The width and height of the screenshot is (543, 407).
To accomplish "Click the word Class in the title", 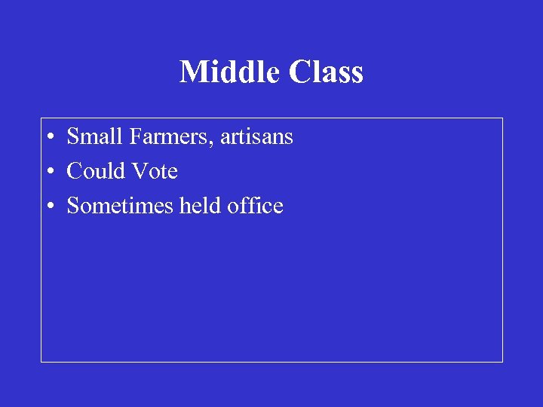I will (x=325, y=72).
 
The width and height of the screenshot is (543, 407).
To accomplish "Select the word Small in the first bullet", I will (x=96, y=136).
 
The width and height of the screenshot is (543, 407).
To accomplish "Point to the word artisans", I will (x=256, y=137).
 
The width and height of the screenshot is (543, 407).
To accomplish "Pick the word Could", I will (x=96, y=171).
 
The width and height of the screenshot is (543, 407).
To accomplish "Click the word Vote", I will (x=155, y=171).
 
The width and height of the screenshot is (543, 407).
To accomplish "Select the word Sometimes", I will (x=120, y=206).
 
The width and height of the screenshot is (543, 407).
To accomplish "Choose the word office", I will (x=256, y=206).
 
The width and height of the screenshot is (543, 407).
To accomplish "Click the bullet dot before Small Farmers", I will (x=48, y=138).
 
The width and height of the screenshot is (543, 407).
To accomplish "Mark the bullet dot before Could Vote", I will (x=48, y=173).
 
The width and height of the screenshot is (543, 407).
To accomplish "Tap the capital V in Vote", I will (x=139, y=171).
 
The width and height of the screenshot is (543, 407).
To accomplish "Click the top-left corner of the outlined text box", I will (x=41, y=118).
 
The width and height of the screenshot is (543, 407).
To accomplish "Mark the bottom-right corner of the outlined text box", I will (x=502, y=362).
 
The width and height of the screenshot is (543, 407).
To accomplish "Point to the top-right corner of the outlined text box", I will (x=502, y=118).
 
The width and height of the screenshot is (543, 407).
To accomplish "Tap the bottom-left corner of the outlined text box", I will (x=41, y=362).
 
